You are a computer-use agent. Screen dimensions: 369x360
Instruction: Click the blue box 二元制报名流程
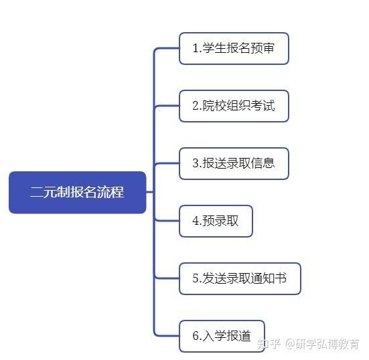point(78,192)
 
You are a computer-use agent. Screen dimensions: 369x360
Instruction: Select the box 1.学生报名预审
point(234,48)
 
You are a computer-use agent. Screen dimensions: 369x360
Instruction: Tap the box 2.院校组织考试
point(234,106)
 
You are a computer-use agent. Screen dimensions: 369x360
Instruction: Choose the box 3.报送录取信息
point(234,164)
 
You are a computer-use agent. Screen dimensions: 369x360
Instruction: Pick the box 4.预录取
point(216,221)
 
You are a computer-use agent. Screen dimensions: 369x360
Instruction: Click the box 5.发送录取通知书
point(240,278)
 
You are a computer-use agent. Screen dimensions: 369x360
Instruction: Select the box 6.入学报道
point(222,337)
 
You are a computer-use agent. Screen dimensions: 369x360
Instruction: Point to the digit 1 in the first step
point(196,48)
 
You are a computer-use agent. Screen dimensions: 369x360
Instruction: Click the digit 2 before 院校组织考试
point(196,106)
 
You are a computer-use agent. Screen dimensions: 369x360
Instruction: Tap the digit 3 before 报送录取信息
point(196,163)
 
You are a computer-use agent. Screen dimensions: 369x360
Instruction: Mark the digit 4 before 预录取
point(196,221)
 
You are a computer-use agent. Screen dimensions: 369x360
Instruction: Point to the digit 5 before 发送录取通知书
point(196,278)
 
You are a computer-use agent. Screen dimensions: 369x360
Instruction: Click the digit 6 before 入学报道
point(196,336)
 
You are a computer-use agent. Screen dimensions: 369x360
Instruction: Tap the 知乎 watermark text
point(269,344)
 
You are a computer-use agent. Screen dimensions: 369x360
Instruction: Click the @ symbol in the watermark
point(290,344)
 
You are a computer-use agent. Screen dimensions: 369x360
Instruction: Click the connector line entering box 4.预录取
point(167,221)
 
